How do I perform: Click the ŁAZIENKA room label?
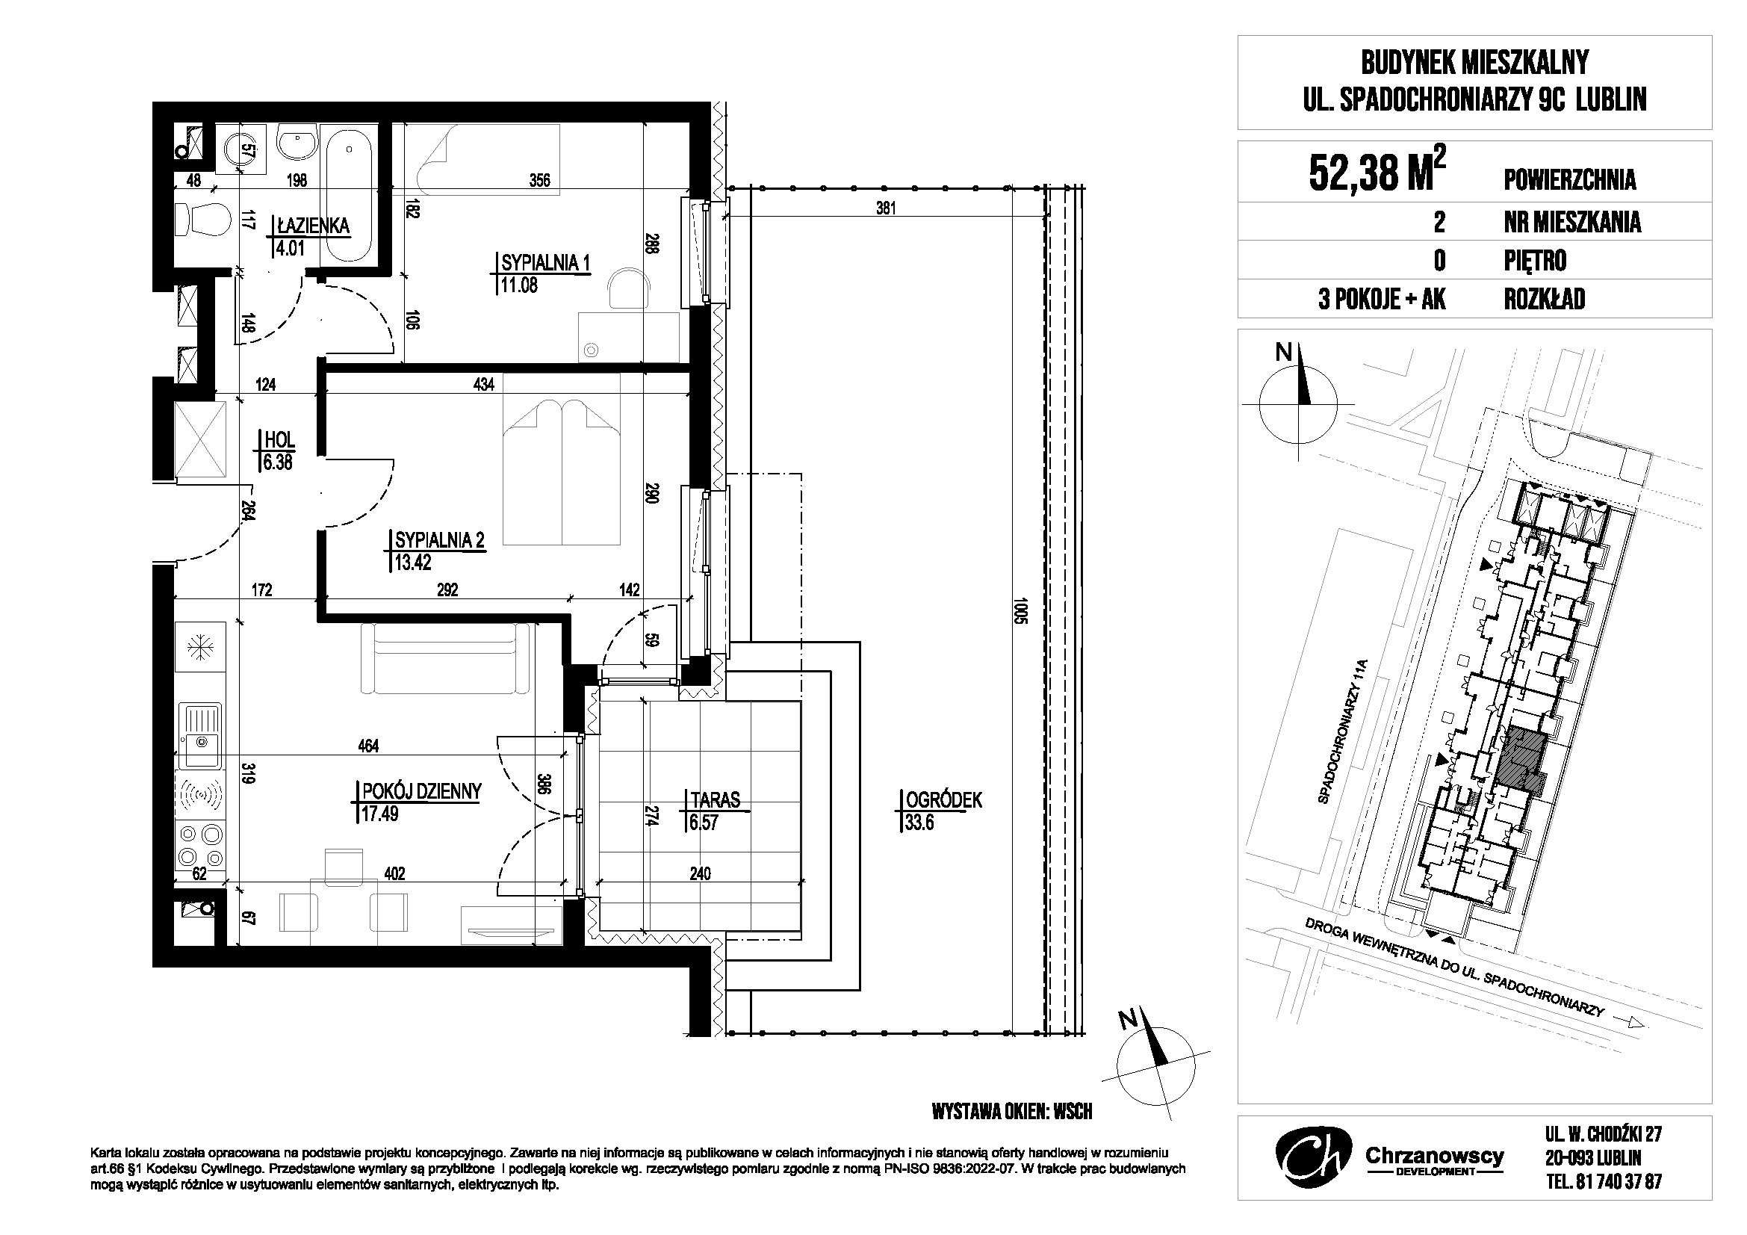pyautogui.click(x=314, y=225)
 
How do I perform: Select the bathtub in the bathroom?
pyautogui.click(x=348, y=195)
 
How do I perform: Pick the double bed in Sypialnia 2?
pyautogui.click(x=562, y=471)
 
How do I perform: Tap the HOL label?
pyautogui.click(x=279, y=440)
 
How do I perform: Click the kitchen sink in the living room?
pyautogui.click(x=201, y=736)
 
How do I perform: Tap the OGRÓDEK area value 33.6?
pyautogui.click(x=919, y=823)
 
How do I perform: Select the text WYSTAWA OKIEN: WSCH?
pyautogui.click(x=1012, y=1112)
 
